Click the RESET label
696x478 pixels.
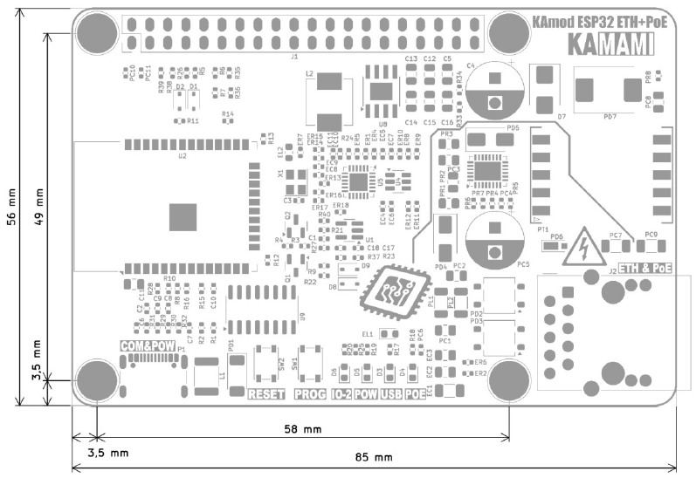click(267, 394)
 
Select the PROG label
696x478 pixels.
click(309, 394)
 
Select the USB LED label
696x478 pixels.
click(391, 394)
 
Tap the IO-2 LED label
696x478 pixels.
click(342, 394)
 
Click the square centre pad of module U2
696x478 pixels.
click(183, 215)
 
